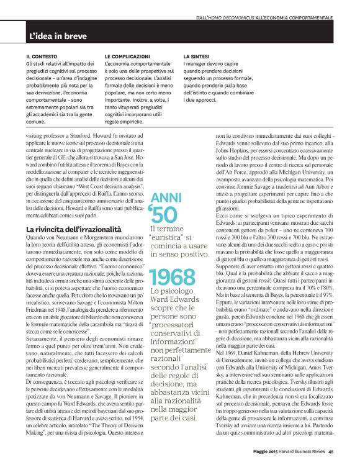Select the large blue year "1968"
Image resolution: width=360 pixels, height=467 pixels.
point(172,276)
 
